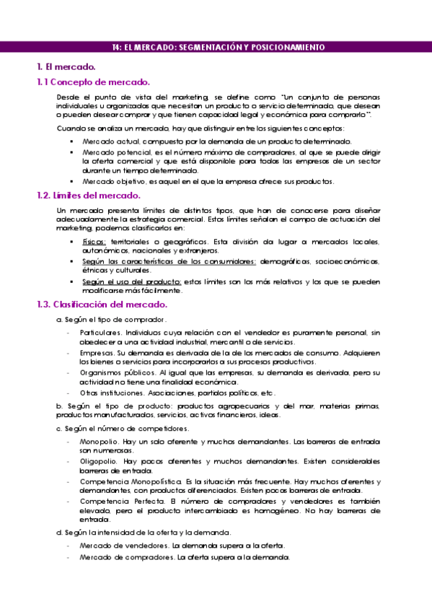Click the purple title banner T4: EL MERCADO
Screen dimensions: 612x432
216,47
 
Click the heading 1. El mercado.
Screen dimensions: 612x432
66,67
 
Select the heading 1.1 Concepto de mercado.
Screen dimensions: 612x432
93,82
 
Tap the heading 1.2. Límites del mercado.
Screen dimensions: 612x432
88,196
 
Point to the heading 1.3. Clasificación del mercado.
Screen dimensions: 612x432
102,305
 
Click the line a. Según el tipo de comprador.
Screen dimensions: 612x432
112,319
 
